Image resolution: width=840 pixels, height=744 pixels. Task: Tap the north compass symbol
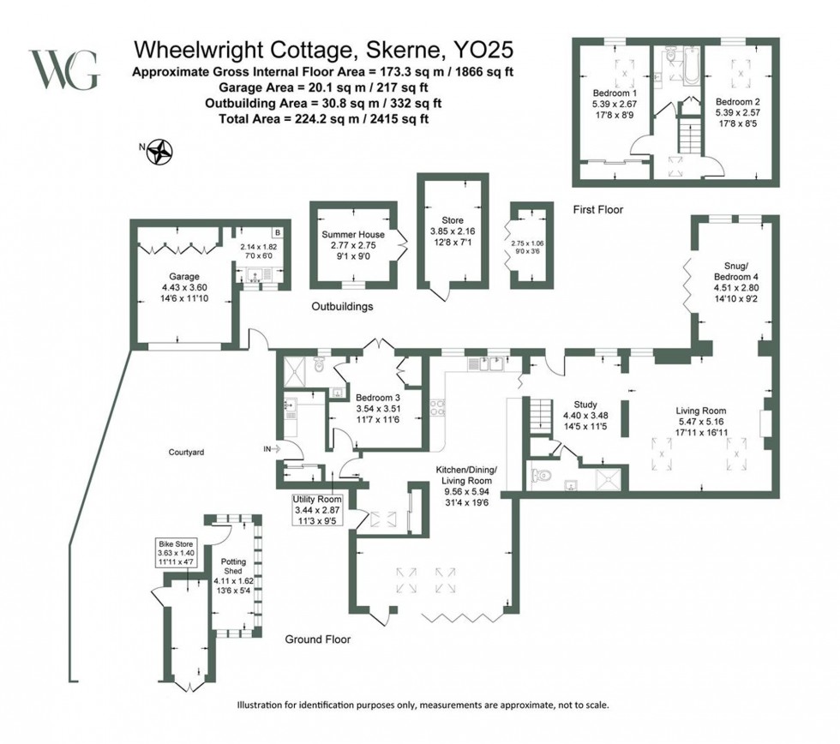point(160,153)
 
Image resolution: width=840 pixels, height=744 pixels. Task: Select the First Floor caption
point(599,209)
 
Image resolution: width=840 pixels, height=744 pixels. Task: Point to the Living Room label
point(701,411)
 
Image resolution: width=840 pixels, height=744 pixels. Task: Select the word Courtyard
point(185,452)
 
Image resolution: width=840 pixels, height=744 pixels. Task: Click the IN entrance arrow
point(273,448)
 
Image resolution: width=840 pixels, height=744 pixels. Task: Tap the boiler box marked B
point(278,232)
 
